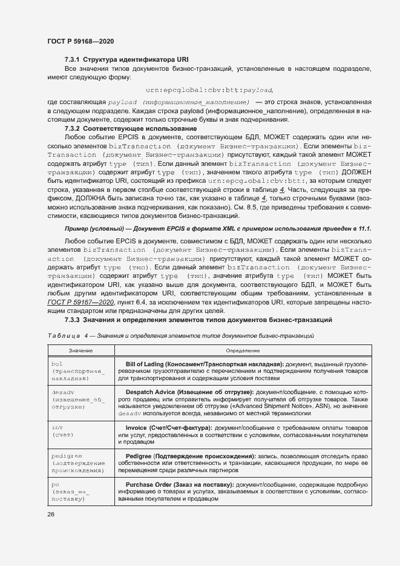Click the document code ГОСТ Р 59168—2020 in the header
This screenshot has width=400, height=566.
(x=80, y=41)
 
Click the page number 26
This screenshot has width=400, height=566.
(x=51, y=515)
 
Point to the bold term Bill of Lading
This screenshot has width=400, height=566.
(x=152, y=364)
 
